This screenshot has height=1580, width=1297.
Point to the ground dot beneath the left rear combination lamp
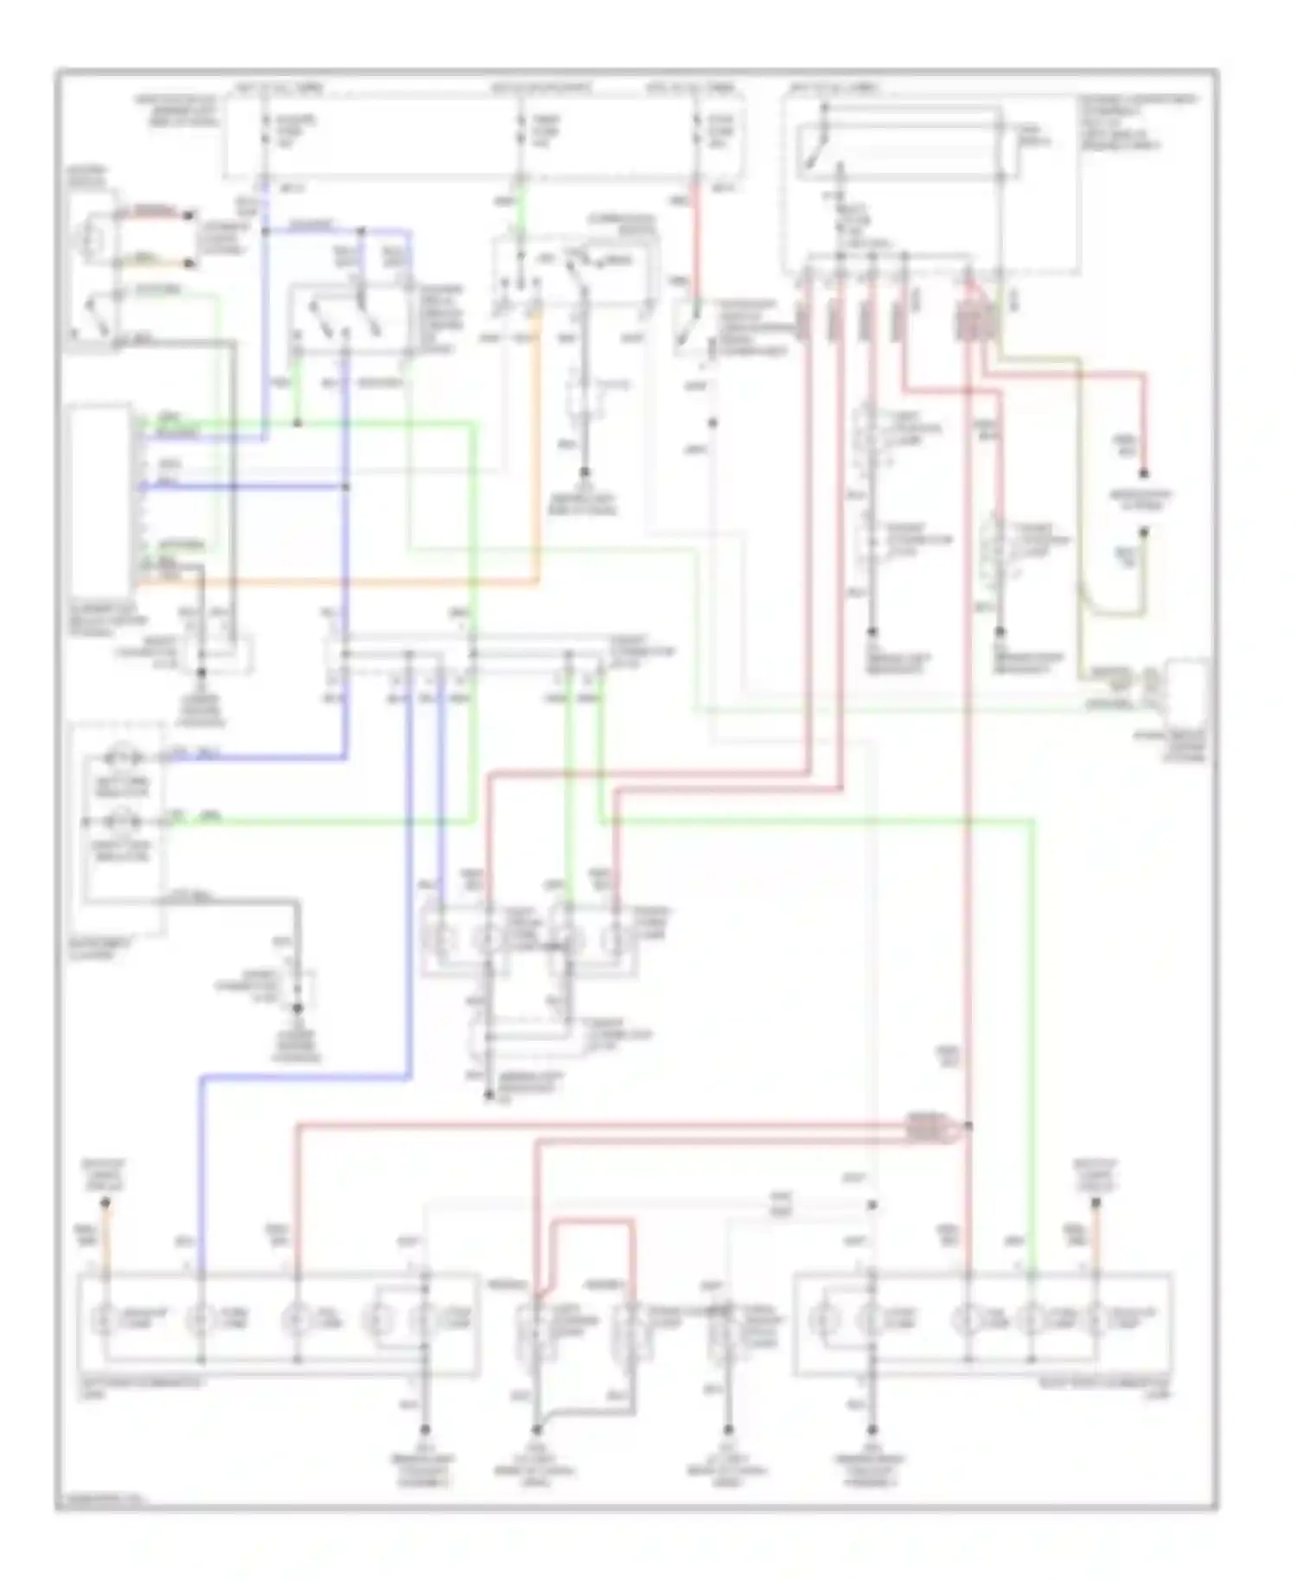[425, 1429]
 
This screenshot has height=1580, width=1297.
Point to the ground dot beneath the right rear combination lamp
[872, 1429]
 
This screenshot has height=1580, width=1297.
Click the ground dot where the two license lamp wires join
[536, 1429]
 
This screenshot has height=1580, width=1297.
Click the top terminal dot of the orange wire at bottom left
[105, 1202]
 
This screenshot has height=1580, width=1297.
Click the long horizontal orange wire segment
[346, 584]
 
